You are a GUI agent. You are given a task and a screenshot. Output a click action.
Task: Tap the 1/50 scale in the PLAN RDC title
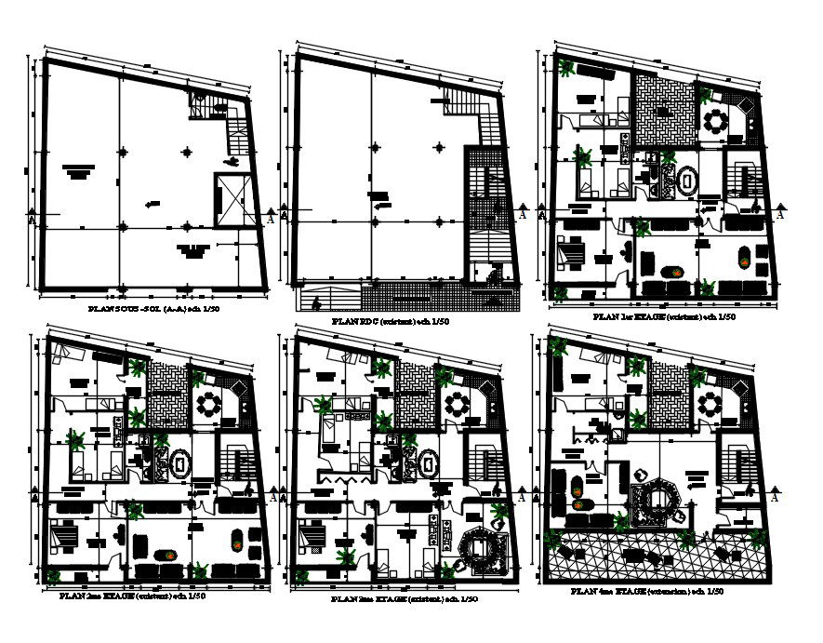tap(439, 321)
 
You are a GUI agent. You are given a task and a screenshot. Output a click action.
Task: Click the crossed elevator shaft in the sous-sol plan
tap(229, 199)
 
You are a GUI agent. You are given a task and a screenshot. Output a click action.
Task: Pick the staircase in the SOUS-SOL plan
tap(236, 129)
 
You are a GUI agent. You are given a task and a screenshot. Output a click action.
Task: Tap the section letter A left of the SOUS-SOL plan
tap(32, 220)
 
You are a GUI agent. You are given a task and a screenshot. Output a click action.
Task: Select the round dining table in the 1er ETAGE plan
tap(716, 122)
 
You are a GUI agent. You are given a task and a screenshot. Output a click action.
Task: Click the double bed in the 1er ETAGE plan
tap(569, 252)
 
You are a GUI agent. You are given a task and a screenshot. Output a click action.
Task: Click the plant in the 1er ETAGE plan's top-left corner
tap(564, 66)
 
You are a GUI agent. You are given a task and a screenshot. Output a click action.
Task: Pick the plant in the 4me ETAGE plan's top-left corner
tap(559, 348)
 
